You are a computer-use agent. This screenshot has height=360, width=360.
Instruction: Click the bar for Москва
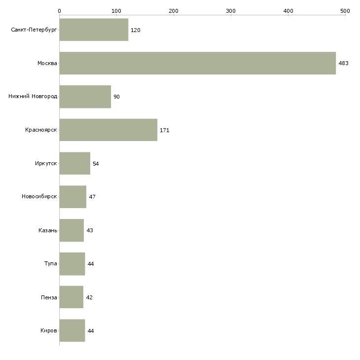[197, 63]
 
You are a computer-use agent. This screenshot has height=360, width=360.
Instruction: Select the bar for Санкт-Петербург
[94, 30]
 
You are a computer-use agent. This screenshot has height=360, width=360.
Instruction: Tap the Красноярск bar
[108, 130]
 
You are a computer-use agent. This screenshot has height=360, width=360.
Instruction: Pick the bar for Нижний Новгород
[85, 97]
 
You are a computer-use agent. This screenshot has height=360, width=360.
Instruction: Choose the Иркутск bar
[74, 163]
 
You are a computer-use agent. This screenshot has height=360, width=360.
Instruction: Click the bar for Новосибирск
[72, 197]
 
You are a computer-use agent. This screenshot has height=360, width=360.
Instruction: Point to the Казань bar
[72, 230]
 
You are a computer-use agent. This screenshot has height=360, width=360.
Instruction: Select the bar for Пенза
[71, 297]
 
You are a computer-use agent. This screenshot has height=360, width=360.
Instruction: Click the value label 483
[343, 64]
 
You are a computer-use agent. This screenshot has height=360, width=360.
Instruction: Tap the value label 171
[165, 131]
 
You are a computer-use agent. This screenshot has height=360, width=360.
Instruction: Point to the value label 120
[135, 31]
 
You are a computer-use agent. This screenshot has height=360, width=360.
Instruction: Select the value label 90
[116, 97]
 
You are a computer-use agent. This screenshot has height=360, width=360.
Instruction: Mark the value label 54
[96, 164]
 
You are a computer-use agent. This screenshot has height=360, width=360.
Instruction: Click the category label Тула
[50, 264]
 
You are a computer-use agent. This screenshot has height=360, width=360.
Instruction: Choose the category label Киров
[49, 331]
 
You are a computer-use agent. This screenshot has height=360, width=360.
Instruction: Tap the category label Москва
[47, 64]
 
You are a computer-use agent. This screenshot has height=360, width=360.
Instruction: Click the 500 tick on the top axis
[345, 10]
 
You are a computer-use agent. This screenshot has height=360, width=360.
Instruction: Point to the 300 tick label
[231, 10]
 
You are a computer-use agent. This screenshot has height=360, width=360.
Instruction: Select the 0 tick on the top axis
[60, 10]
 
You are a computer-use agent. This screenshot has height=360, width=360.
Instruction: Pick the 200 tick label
[174, 10]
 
